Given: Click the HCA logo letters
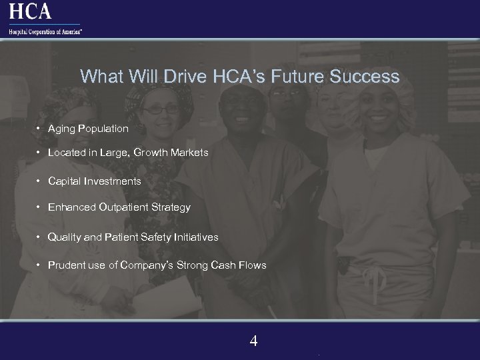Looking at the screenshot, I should tap(31, 11).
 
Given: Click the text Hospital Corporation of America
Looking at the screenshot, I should tap(45, 30).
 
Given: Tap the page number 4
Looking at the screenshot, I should tap(253, 341).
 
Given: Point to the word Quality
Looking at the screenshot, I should tap(63, 237).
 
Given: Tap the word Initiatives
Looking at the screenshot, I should tap(195, 237).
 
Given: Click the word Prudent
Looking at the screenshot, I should tap(66, 265).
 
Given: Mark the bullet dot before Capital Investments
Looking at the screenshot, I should tap(39, 181).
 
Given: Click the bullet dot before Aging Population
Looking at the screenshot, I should tap(39, 127).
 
